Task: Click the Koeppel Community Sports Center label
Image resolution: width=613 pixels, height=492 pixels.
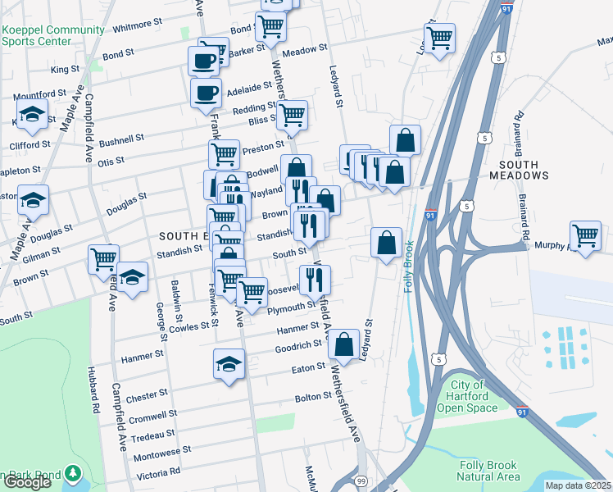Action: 53,36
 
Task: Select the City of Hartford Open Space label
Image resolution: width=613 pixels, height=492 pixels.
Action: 467,397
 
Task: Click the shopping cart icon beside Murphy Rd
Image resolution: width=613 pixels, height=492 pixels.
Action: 585,235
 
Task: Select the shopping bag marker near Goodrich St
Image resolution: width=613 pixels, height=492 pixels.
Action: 344,344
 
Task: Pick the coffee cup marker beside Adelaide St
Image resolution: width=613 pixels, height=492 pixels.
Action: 206,92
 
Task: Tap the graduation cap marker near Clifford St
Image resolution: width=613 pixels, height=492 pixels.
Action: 31,115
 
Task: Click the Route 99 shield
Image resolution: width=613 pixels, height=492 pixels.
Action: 361,479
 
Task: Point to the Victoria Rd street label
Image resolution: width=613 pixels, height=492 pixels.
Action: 159,472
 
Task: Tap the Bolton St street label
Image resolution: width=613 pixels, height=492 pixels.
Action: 313,397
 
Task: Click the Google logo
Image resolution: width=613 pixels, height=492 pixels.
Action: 27,482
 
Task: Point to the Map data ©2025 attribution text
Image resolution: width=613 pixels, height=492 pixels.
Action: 579,485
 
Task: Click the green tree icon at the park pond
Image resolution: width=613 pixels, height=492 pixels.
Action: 72,473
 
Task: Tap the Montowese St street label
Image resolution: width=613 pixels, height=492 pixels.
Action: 162,450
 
